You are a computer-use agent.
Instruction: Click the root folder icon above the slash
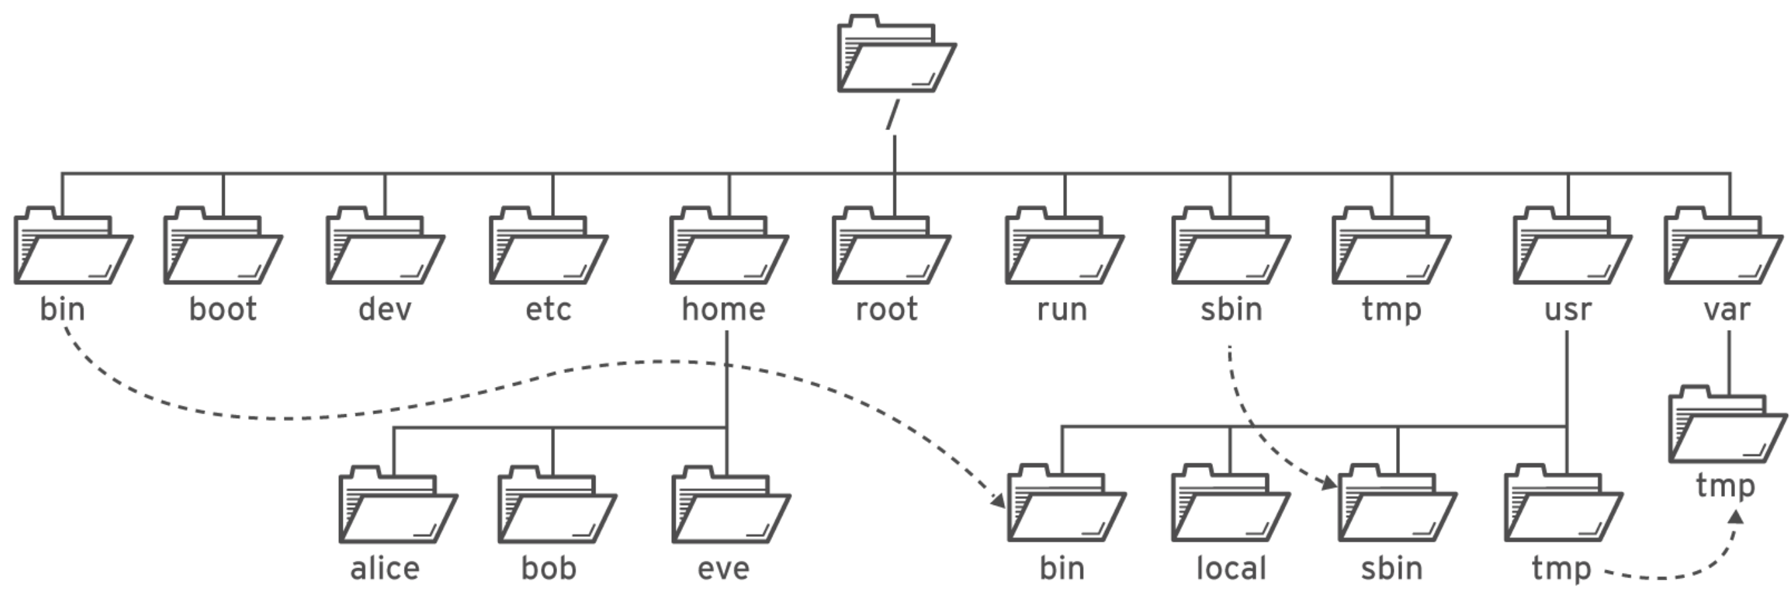(x=896, y=55)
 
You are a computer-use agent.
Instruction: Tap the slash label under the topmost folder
(x=893, y=115)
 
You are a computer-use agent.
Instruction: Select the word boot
(x=223, y=309)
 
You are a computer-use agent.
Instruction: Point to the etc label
(x=548, y=309)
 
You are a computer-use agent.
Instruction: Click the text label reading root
(x=886, y=309)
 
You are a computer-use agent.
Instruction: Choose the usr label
(x=1567, y=309)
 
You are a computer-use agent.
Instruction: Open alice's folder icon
(x=398, y=506)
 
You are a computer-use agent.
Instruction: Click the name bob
(x=549, y=569)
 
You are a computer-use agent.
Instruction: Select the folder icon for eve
(x=730, y=506)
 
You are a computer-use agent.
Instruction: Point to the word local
(x=1231, y=569)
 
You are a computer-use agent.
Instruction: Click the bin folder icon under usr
(x=1066, y=506)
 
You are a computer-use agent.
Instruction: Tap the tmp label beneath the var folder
(x=1725, y=486)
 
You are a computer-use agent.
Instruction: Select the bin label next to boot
(x=62, y=309)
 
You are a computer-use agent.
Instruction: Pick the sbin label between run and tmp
(x=1231, y=309)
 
